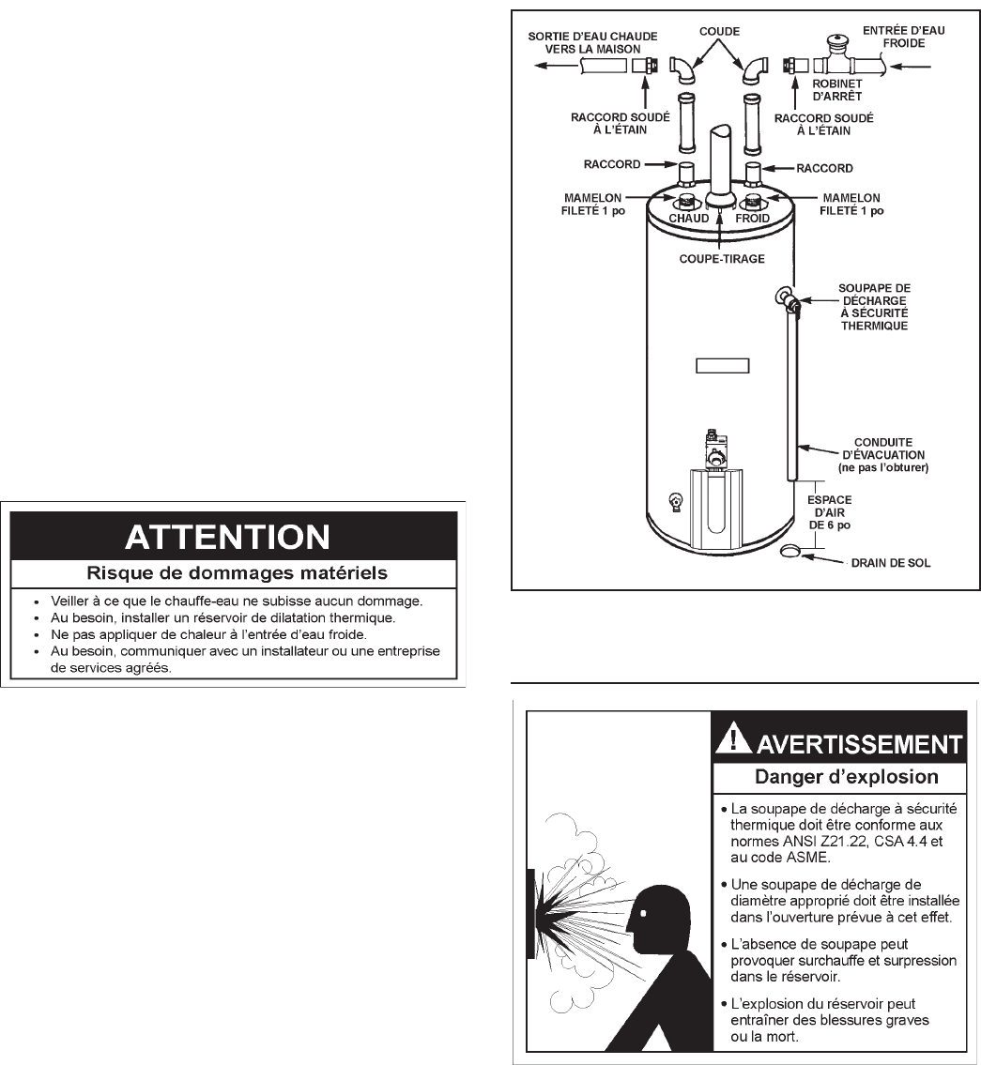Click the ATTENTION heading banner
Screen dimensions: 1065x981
pyautogui.click(x=227, y=537)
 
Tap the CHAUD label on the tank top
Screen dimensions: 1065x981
pyautogui.click(x=689, y=218)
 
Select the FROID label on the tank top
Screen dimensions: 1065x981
pyautogui.click(x=752, y=218)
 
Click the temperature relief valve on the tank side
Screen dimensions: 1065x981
pyautogui.click(x=783, y=299)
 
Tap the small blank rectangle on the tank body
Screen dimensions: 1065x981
pyautogui.click(x=722, y=365)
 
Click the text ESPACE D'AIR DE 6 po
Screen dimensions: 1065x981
pyautogui.click(x=830, y=512)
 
